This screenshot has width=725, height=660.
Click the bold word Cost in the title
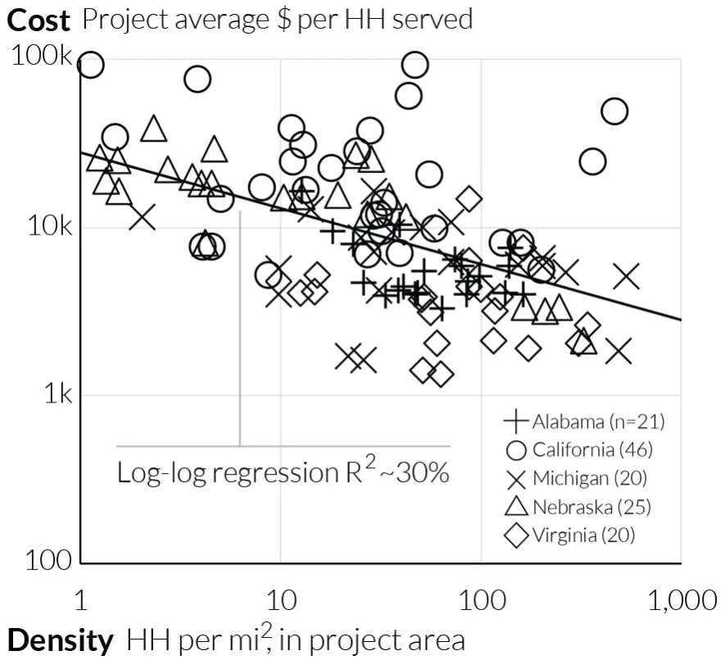click(x=39, y=20)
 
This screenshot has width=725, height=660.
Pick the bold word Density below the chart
click(x=60, y=640)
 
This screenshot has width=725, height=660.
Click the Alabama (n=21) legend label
click(x=599, y=422)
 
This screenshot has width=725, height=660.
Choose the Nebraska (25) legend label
click(x=591, y=507)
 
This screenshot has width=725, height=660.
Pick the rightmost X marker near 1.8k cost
click(x=619, y=351)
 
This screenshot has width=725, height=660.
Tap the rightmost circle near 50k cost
click(x=614, y=112)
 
